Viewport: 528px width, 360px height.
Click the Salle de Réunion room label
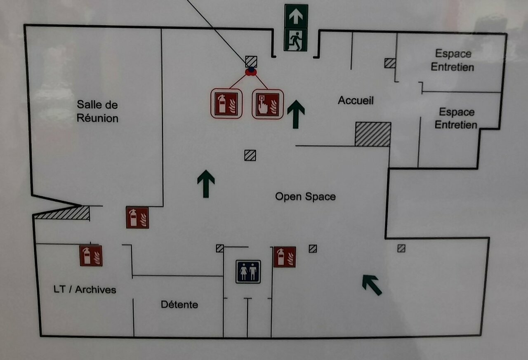click(98, 111)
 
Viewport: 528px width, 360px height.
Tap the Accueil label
click(356, 100)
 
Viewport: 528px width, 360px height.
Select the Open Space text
click(305, 197)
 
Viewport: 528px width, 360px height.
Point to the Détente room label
click(179, 305)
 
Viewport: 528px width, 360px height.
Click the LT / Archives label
click(85, 289)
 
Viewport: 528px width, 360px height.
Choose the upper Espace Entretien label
click(453, 60)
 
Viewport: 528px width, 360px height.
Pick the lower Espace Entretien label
click(456, 118)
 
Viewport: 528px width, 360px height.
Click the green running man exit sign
click(296, 40)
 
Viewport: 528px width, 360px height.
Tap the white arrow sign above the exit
click(296, 16)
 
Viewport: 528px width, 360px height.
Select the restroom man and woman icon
click(248, 271)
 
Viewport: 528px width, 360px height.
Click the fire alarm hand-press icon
click(268, 104)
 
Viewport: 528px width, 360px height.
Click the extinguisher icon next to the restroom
click(285, 257)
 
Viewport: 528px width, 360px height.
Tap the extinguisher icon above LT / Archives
click(91, 256)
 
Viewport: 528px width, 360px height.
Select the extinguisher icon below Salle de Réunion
click(137, 217)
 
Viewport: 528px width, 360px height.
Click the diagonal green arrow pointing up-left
click(372, 285)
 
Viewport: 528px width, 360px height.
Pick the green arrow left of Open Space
click(206, 184)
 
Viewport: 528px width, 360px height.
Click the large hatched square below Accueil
click(373, 134)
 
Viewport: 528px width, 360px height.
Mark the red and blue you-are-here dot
click(251, 72)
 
